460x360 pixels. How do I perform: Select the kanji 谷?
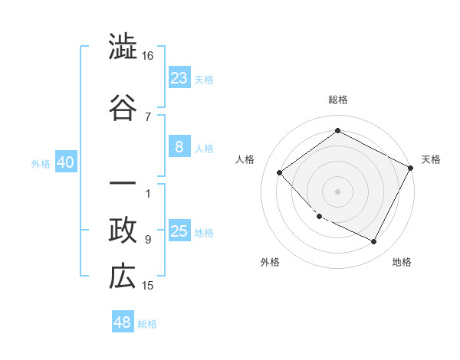(x=123, y=106)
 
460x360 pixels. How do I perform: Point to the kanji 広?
(x=123, y=277)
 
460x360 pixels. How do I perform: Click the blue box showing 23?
(x=179, y=77)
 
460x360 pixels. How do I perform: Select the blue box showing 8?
(x=179, y=148)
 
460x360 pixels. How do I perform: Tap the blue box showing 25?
(x=179, y=231)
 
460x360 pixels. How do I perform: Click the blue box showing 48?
(x=123, y=322)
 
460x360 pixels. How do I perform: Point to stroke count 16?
(x=148, y=56)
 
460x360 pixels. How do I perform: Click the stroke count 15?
(x=148, y=286)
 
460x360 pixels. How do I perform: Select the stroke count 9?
(x=148, y=240)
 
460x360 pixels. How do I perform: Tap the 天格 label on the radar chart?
(x=431, y=159)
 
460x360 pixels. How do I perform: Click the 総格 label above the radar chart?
(x=338, y=100)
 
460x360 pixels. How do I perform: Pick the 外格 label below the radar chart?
(x=270, y=262)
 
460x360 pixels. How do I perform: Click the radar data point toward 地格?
(x=374, y=242)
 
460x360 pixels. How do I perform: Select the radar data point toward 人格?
(x=280, y=172)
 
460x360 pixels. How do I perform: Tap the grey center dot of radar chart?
(x=337, y=191)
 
